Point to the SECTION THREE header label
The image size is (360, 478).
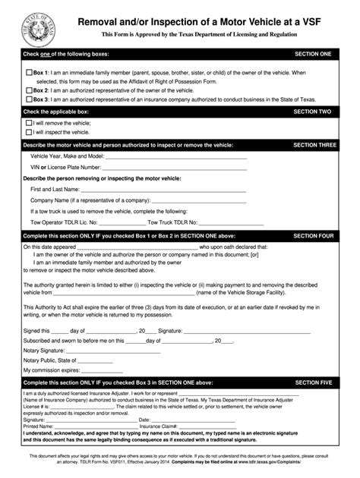(311, 144)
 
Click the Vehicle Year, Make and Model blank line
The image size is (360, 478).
(152, 156)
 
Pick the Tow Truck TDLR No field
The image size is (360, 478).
(235, 223)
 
